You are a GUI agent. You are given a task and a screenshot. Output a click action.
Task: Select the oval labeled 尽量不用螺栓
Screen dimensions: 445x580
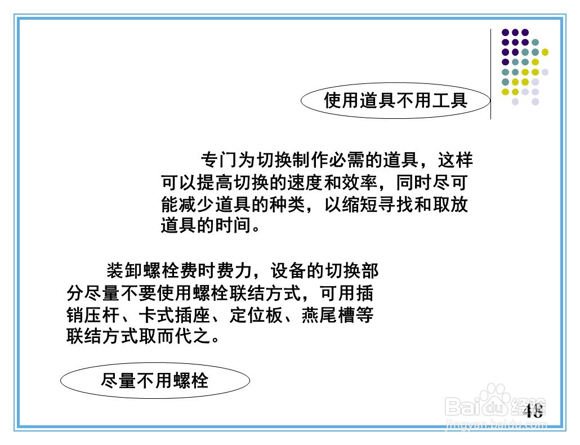pos(155,381)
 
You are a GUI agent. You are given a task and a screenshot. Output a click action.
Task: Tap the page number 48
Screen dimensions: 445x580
pos(533,411)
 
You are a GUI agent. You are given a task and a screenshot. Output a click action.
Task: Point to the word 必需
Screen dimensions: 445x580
pos(347,161)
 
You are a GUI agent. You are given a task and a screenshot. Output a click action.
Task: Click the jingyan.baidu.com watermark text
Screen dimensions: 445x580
pos(496,425)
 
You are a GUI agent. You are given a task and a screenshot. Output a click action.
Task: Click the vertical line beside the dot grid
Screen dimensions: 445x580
pos(491,73)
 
